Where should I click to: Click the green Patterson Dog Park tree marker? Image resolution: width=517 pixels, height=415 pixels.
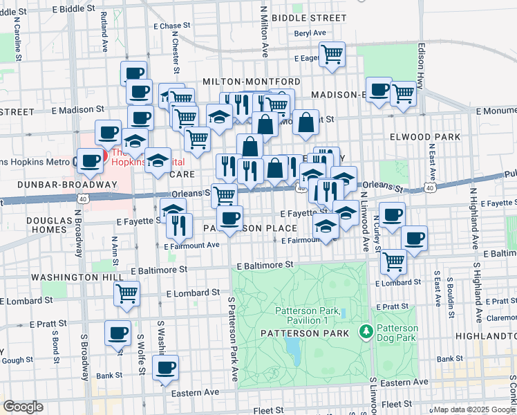click(x=366, y=333)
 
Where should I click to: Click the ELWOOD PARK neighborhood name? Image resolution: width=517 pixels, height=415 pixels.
click(x=426, y=137)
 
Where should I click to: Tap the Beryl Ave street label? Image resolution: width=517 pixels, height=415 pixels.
click(x=309, y=33)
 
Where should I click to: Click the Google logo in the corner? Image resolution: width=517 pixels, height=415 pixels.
click(x=23, y=407)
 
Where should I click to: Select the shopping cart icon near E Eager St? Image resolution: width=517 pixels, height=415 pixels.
click(x=332, y=53)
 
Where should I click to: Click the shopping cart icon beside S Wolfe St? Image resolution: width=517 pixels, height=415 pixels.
click(x=127, y=293)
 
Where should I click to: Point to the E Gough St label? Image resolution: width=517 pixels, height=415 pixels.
click(x=15, y=360)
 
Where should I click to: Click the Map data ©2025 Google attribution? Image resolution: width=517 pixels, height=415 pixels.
click(x=474, y=409)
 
